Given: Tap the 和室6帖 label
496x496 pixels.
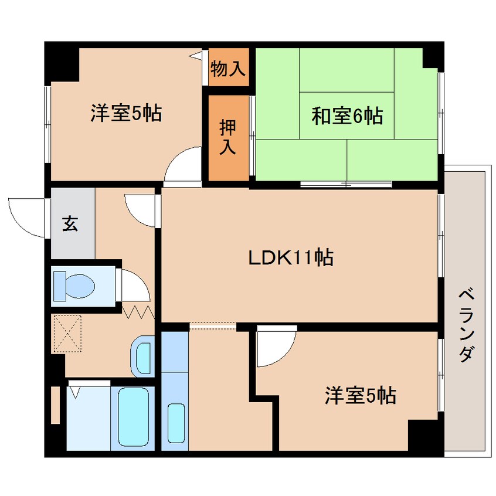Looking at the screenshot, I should pyautogui.click(x=347, y=116).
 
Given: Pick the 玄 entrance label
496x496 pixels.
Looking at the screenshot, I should pyautogui.click(x=70, y=223).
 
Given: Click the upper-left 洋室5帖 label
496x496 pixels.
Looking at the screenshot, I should pyautogui.click(x=126, y=113).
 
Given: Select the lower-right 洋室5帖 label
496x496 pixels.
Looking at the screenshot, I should pyautogui.click(x=361, y=396).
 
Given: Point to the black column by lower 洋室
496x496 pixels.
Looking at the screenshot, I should pyautogui.click(x=423, y=435).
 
